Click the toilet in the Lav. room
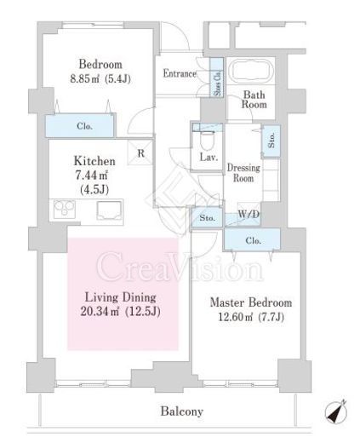point(206,141)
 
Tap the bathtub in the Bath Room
point(251,71)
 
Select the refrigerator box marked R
point(140,152)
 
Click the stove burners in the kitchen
point(65,209)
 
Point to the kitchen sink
point(109,210)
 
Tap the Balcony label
point(182,411)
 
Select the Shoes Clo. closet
point(216,78)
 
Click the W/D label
point(249,214)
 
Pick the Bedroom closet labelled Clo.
point(80,125)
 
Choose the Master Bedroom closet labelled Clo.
point(252,240)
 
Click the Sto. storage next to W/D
point(207,217)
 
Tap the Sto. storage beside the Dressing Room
point(271,141)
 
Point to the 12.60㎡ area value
point(235,317)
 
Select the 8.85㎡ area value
point(85,78)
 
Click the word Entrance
point(180,73)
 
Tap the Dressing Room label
point(243,173)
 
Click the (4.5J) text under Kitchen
point(94,189)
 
